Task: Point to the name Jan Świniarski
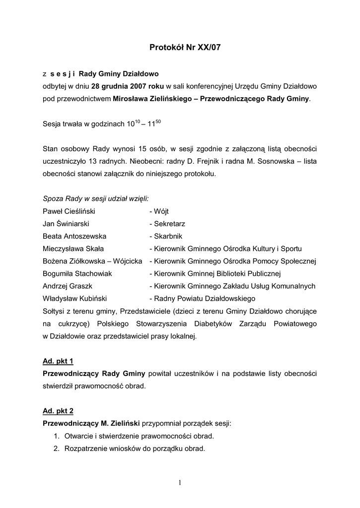66,224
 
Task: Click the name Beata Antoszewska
74,236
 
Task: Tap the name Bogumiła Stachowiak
77,273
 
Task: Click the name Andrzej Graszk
68,286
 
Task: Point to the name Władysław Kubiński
75,299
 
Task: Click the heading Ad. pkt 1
58,361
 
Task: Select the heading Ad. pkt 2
58,411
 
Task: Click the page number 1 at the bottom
180,483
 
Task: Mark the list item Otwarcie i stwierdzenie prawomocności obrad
139,436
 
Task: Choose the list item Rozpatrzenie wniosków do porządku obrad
135,448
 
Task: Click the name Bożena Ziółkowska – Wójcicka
92,261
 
